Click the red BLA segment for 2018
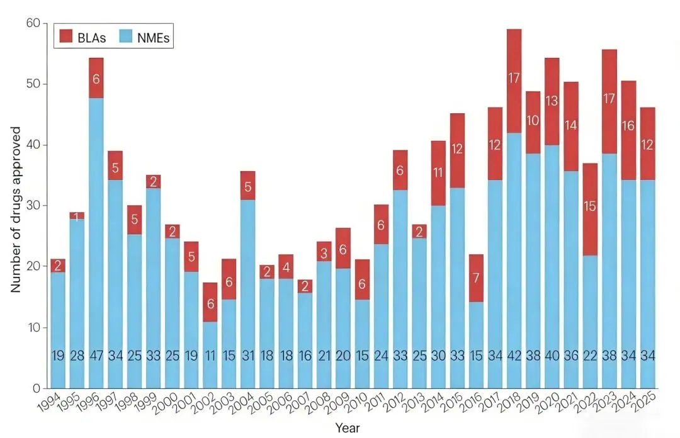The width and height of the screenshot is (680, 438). (x=514, y=81)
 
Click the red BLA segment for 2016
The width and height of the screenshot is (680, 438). (x=476, y=278)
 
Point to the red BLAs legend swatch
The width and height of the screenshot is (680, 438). (x=67, y=36)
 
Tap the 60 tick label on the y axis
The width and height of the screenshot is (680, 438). (x=32, y=23)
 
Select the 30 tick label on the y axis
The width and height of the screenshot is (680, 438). (x=32, y=206)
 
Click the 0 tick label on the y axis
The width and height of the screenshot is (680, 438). (x=36, y=388)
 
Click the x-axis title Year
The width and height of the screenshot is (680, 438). (x=348, y=428)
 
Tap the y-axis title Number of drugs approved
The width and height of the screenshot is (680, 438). (x=16, y=209)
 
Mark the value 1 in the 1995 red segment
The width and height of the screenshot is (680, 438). (x=77, y=216)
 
